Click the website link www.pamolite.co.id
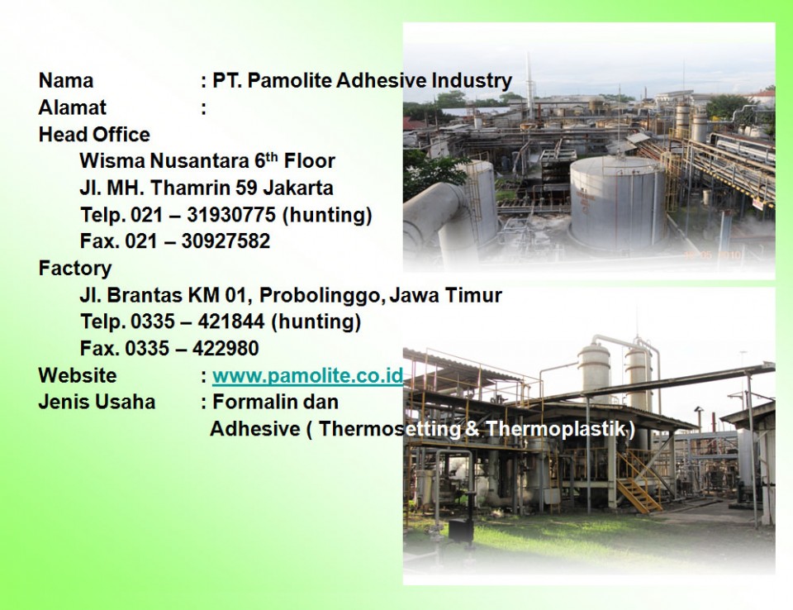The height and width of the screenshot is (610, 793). click(307, 375)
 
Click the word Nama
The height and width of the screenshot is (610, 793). click(66, 80)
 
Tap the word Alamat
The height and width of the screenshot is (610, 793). click(73, 107)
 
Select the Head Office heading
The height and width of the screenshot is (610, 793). click(94, 134)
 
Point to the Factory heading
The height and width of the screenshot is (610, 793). click(75, 269)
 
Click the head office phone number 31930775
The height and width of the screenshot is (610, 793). click(231, 215)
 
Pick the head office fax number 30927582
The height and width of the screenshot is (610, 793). click(226, 241)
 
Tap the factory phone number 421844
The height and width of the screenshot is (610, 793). click(230, 322)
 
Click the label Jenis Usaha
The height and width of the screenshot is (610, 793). click(97, 402)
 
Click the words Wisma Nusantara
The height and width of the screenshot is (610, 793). click(164, 161)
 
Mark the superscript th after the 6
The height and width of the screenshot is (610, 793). click(272, 156)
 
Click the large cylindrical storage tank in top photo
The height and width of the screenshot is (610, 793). click(617, 203)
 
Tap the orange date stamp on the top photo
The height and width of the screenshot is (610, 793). click(712, 255)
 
